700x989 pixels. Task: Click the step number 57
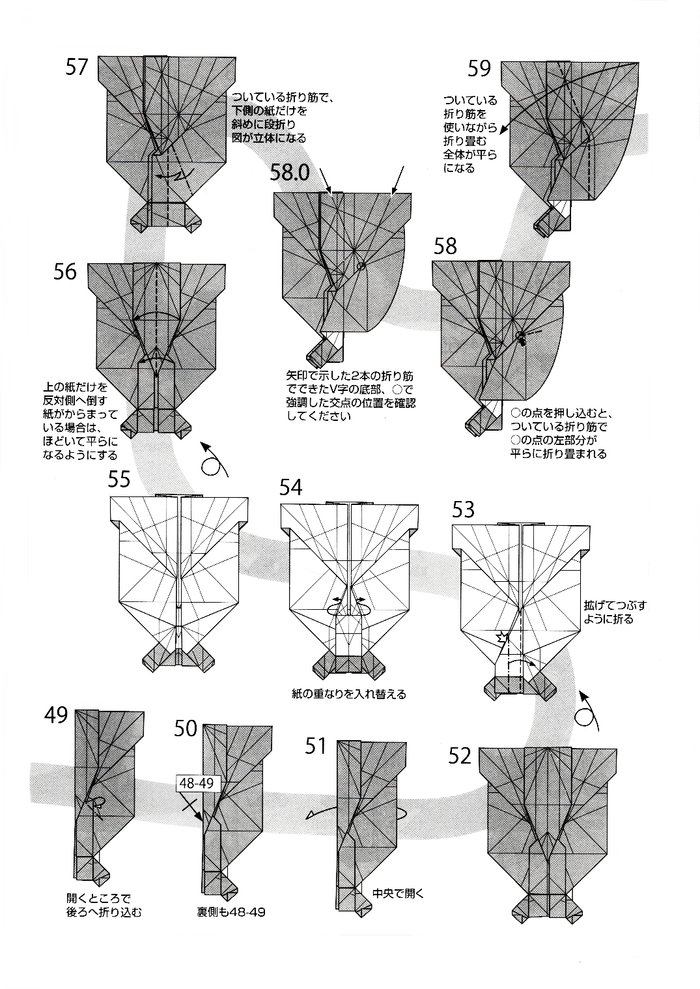(x=76, y=66)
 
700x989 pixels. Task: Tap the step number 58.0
(x=290, y=172)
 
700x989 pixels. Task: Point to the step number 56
(x=65, y=272)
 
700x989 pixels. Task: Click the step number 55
(x=119, y=480)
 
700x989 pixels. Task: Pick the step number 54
(x=290, y=487)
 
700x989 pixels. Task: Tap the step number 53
(x=463, y=509)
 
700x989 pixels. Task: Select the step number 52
(x=460, y=755)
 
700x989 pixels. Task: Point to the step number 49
(x=56, y=715)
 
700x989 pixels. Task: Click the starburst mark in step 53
(x=501, y=636)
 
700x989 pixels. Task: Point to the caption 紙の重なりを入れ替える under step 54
(x=349, y=694)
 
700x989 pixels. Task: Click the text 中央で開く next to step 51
(x=398, y=893)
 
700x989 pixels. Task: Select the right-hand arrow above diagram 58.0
(x=397, y=179)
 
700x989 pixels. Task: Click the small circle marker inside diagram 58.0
(x=361, y=266)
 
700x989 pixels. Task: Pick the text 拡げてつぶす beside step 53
(x=615, y=605)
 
